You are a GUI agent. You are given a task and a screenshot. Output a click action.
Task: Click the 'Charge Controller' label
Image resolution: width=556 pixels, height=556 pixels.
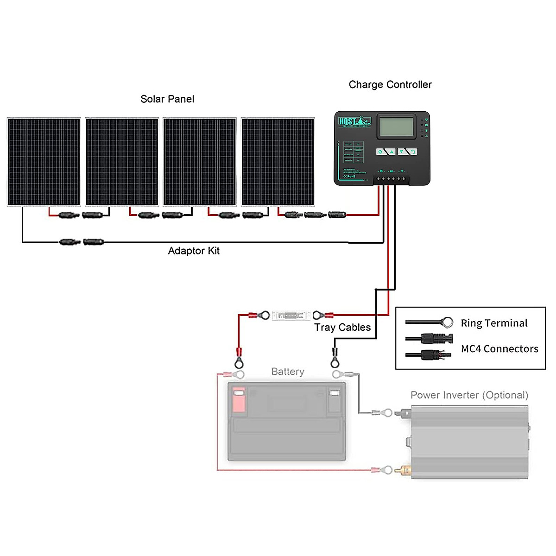390,85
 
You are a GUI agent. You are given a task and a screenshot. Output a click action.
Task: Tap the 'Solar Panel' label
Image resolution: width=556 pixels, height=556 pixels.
167,99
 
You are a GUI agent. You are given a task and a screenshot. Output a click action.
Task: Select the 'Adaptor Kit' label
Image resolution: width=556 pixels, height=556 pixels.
194,251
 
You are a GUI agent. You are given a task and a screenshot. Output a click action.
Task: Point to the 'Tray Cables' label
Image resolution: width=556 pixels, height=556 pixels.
342,328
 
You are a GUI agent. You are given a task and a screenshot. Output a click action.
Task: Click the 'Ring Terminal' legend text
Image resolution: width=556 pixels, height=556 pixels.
494,323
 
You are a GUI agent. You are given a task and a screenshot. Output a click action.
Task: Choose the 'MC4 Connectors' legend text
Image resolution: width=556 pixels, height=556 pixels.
499,349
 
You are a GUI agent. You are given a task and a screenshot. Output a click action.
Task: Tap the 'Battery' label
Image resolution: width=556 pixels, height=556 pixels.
288,372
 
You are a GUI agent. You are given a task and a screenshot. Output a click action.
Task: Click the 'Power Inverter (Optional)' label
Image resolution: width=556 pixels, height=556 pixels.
469,395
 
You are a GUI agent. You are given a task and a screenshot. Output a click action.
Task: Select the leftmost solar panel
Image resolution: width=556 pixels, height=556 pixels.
44,161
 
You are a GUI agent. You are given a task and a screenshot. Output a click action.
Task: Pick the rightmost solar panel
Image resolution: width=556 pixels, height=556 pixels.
278,161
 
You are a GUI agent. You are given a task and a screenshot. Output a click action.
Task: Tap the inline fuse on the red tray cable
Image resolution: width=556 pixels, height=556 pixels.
291,316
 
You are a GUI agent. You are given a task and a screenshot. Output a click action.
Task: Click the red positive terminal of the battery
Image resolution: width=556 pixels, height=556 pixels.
239,400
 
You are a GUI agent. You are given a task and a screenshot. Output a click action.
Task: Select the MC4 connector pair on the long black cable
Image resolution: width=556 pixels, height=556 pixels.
82,242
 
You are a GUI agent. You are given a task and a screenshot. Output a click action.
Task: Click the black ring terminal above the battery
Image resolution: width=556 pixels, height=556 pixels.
335,361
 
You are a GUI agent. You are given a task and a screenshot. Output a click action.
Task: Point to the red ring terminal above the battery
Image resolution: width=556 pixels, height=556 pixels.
239,361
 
